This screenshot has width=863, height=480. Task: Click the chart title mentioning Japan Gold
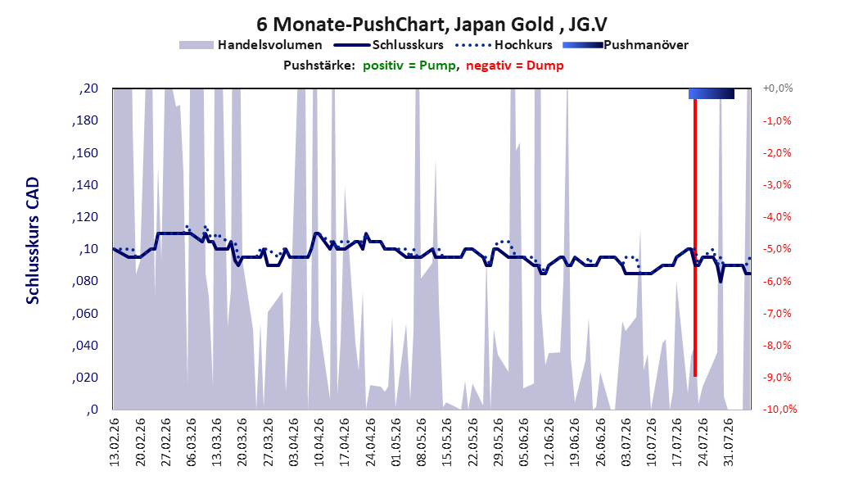[x=431, y=25]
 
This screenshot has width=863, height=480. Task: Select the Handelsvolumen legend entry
[x=251, y=45]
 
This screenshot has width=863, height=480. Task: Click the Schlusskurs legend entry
[x=389, y=45]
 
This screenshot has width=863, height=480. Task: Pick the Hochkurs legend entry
[x=504, y=45]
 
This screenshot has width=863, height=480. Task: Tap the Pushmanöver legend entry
[x=626, y=45]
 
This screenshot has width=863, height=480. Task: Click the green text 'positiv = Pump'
[x=409, y=66]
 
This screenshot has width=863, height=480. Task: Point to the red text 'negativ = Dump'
[x=515, y=66]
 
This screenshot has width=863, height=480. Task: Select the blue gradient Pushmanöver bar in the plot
[x=711, y=93]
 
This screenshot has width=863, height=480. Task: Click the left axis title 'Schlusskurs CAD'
[x=33, y=240]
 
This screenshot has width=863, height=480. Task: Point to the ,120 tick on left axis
[x=85, y=217]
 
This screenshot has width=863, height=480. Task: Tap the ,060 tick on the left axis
[x=85, y=313]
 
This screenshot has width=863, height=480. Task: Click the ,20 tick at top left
[x=88, y=88]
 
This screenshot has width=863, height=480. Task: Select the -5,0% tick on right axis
[x=776, y=249]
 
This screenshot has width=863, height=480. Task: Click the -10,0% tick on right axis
[x=779, y=409]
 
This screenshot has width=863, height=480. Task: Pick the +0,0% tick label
[x=778, y=88]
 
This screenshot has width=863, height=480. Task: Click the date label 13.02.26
[x=115, y=442]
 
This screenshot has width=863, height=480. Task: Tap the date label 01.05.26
[x=396, y=442]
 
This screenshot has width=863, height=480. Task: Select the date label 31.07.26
[x=730, y=442]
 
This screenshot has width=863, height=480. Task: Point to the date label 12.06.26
[x=550, y=442]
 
